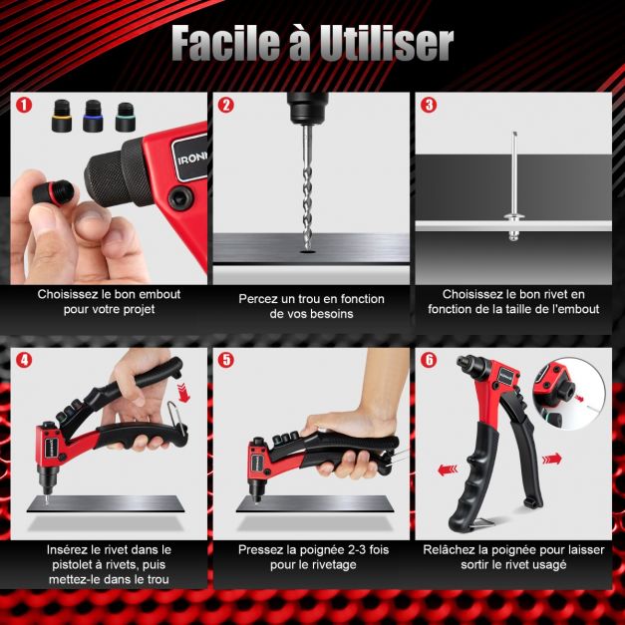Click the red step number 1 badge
(24, 105)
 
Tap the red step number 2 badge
(226, 105)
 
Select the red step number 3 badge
(429, 105)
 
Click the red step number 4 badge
(24, 360)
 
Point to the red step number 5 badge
(226, 360)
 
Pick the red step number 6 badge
(429, 360)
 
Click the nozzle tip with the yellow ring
(62, 116)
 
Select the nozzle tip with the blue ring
(93, 116)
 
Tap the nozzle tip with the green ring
(125, 116)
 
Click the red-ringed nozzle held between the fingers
(52, 191)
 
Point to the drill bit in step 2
(307, 188)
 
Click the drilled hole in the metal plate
(307, 252)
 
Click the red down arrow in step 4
(183, 393)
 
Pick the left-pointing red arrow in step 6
(448, 469)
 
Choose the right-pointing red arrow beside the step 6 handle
(552, 460)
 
